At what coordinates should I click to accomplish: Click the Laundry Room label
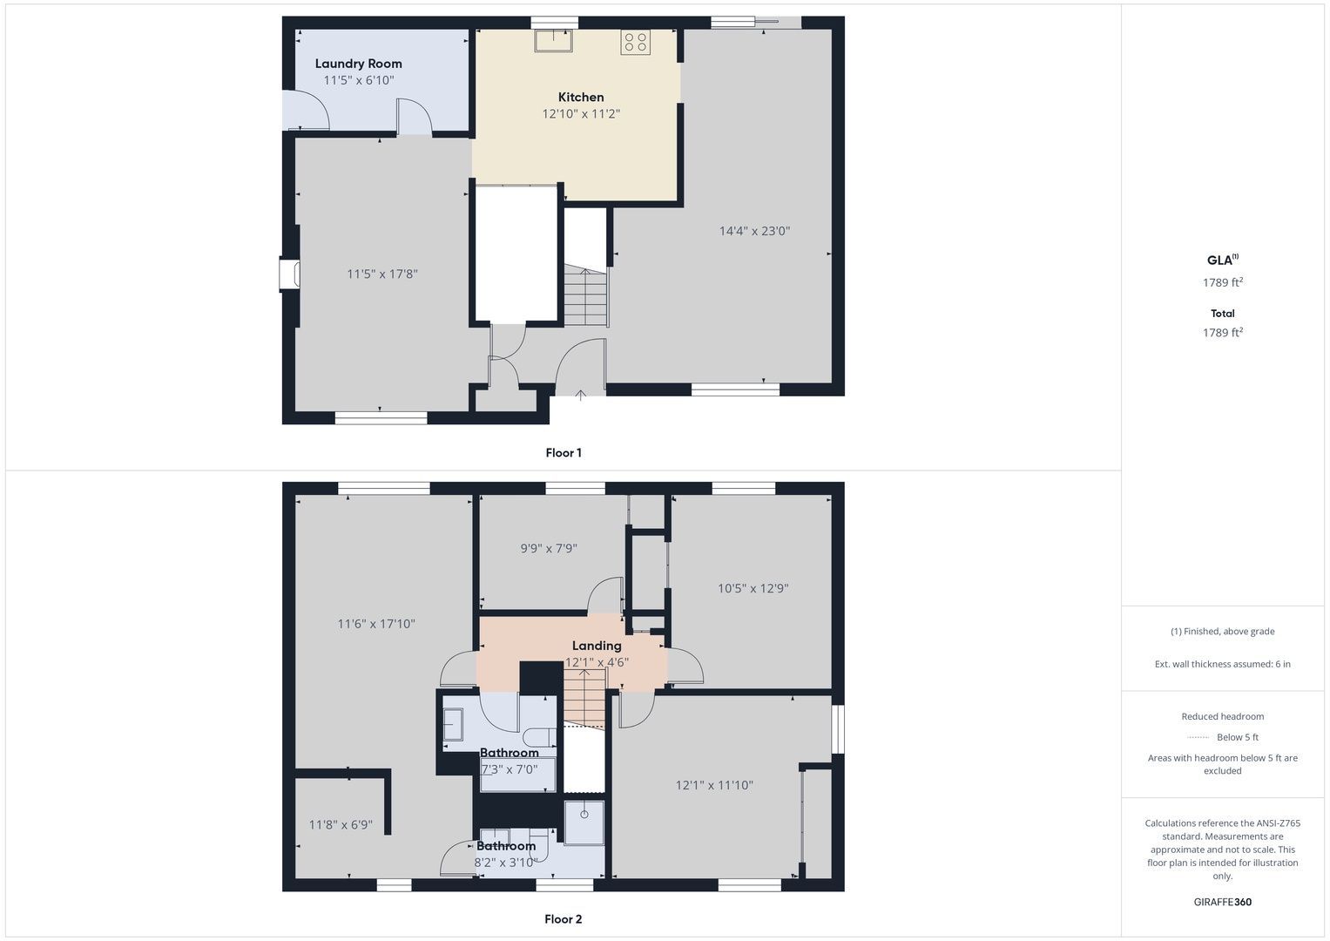point(358,64)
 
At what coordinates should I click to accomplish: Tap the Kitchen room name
point(581,97)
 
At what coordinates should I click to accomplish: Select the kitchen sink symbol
point(553,40)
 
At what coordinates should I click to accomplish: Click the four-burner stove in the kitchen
point(635,42)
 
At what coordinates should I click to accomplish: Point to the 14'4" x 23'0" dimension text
point(754,231)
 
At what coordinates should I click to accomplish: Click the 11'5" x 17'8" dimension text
point(382,274)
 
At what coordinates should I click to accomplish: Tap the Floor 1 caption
point(564,453)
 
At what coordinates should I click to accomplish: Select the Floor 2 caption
point(564,919)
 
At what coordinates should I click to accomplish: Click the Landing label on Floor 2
point(597,646)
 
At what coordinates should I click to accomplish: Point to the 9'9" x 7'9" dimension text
point(549,548)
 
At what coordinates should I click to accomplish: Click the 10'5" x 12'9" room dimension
point(753,588)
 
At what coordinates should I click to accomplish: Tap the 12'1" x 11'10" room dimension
point(714,785)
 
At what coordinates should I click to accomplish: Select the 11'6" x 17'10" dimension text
point(376,624)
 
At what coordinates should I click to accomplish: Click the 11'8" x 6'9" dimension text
point(341,824)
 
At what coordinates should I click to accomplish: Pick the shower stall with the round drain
point(584,823)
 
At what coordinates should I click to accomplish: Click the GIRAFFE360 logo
point(1223,902)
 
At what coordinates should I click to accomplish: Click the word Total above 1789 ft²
point(1223,313)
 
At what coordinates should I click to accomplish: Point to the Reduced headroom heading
point(1223,716)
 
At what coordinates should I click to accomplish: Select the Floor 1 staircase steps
point(586,295)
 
